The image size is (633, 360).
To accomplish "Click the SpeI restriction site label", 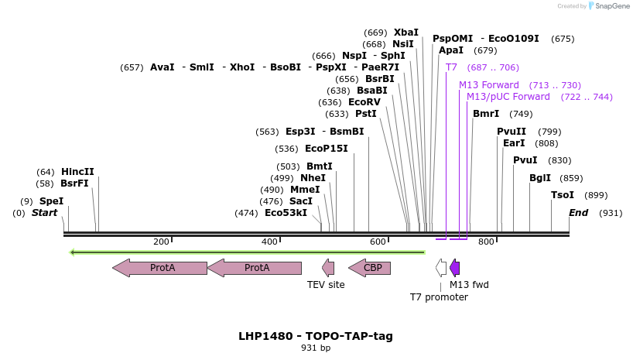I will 51,201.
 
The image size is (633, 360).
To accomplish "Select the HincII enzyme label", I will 77,172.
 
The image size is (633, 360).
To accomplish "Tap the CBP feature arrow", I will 369,268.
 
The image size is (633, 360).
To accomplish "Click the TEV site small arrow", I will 328,268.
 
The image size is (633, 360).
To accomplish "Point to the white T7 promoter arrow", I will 441,268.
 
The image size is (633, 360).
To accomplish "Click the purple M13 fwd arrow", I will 455,268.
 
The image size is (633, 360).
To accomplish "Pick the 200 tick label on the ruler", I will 161,242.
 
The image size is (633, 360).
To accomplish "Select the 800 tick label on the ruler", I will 486,242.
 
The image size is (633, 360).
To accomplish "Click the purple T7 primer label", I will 451,67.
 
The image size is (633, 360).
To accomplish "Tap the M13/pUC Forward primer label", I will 508,97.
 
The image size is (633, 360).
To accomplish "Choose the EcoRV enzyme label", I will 364,102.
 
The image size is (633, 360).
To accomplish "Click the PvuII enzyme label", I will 511,132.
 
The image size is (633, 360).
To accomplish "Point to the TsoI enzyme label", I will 563,195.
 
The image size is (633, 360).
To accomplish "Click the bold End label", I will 579,213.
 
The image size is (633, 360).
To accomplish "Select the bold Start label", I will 44,213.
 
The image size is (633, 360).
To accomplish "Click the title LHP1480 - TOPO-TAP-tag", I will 316,336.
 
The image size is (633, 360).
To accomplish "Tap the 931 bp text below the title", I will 316,348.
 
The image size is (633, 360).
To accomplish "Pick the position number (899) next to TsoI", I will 596,195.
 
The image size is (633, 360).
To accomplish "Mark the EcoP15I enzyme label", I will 326,149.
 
